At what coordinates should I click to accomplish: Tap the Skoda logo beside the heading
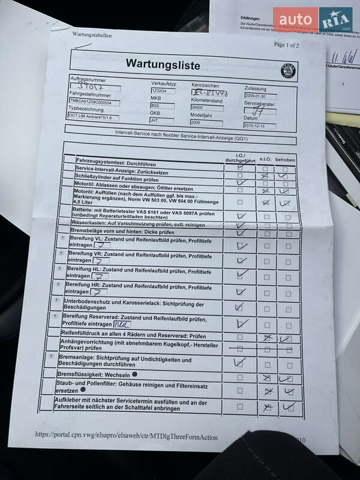coord(289,71)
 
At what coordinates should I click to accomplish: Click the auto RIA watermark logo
coord(313,19)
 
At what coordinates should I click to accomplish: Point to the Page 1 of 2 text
coord(286,45)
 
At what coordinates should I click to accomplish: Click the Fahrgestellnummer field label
coord(91,94)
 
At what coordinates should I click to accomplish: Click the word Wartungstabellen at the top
coord(92,35)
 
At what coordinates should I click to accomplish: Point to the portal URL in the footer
coord(126,437)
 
